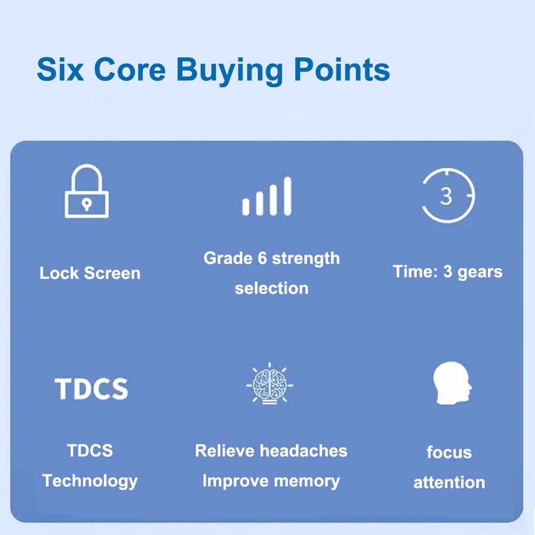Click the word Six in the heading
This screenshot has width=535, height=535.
point(60,70)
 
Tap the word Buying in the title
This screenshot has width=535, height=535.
point(230,72)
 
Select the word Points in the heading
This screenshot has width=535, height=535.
point(341,70)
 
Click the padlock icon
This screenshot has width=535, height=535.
point(87,191)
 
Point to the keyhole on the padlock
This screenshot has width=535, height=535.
point(87,204)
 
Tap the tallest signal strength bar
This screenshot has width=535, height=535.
point(288,196)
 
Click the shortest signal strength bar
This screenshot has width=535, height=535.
point(246,207)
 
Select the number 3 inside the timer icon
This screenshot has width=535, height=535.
point(446,196)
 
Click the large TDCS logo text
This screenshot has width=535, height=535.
point(91,388)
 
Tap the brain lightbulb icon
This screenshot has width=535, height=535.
point(270,383)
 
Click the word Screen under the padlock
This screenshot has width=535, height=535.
point(112,273)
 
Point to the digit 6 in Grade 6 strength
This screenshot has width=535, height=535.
point(262,258)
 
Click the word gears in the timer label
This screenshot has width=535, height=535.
point(480,272)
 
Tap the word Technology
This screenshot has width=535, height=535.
point(90,481)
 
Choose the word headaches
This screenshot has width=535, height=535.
point(304,450)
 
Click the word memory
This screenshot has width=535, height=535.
point(307,481)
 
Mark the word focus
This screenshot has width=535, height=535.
point(449,453)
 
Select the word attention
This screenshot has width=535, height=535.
point(449,483)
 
